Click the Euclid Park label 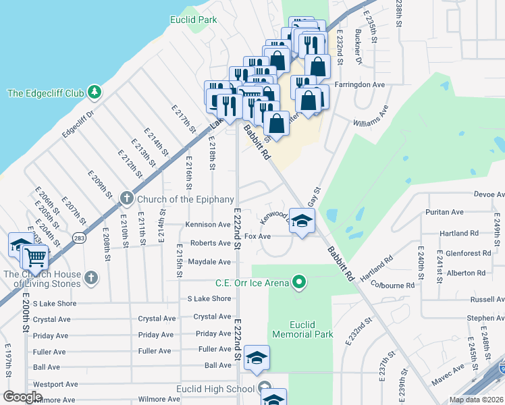click(x=198, y=20)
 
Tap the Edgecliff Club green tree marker click(x=95, y=91)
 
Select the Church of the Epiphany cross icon click(x=126, y=198)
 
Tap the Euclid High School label click(x=214, y=388)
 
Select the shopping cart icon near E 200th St click(x=34, y=256)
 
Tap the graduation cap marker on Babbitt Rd click(x=302, y=221)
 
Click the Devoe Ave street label click(x=489, y=194)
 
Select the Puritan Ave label click(x=444, y=212)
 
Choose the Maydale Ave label click(x=209, y=261)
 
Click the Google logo click(x=22, y=397)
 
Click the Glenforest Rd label click(x=468, y=253)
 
